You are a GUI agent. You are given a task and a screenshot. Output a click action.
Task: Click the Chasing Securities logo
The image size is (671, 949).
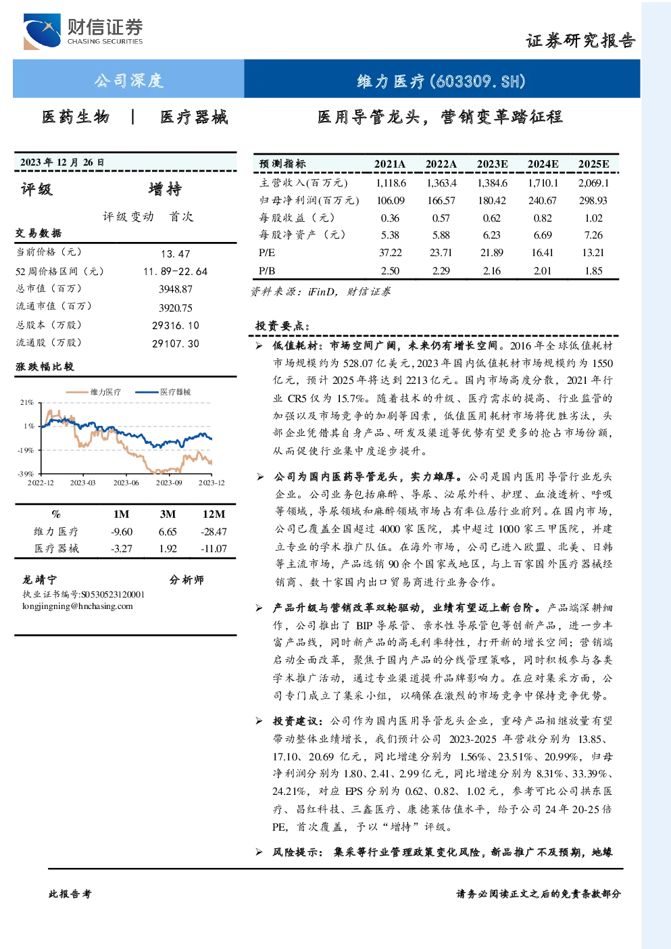[83, 31]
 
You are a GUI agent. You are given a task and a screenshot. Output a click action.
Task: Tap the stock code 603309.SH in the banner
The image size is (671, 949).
[478, 81]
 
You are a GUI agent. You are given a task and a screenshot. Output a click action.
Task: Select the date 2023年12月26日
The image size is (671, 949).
[62, 162]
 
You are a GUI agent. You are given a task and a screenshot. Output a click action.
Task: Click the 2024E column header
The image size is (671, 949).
[543, 164]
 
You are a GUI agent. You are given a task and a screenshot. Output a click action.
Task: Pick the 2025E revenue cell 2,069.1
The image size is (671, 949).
[593, 183]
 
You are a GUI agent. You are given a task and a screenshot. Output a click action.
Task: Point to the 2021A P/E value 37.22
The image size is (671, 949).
[390, 253]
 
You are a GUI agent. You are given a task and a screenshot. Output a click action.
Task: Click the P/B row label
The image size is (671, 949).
[267, 271]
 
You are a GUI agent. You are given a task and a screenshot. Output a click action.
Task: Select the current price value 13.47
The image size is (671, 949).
[176, 253]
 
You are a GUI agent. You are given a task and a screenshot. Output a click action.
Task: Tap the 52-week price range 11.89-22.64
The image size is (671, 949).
[176, 272]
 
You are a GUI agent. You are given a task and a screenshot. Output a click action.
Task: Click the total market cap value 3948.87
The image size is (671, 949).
[176, 289]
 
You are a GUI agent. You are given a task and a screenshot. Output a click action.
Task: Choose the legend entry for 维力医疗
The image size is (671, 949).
[93, 392]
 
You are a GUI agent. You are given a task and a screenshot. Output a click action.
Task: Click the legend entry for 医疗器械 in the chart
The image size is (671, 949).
[163, 392]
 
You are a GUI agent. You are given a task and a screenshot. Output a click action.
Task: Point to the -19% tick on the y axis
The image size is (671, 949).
[26, 450]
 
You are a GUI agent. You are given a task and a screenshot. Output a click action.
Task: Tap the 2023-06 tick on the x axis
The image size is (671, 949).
[126, 483]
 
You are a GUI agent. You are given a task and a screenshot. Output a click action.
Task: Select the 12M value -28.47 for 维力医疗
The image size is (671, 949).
[214, 532]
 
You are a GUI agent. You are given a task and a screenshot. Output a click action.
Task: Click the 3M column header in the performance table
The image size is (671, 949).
[168, 514]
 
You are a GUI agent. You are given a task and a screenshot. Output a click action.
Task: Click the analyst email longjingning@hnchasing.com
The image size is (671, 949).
[78, 606]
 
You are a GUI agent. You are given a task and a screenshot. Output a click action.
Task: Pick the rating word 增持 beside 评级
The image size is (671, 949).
[165, 189]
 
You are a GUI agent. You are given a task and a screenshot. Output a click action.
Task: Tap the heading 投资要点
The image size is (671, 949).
[282, 326]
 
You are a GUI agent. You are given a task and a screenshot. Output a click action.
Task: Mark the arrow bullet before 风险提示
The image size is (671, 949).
[259, 852]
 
